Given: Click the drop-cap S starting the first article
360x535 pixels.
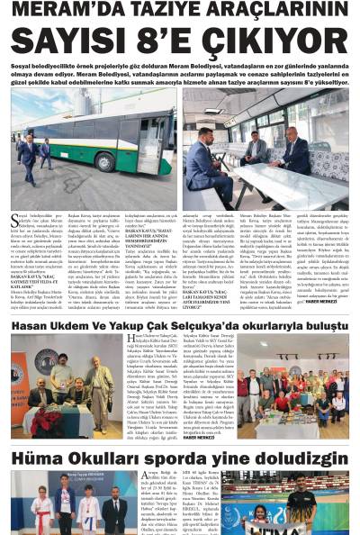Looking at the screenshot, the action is click(15, 221).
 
